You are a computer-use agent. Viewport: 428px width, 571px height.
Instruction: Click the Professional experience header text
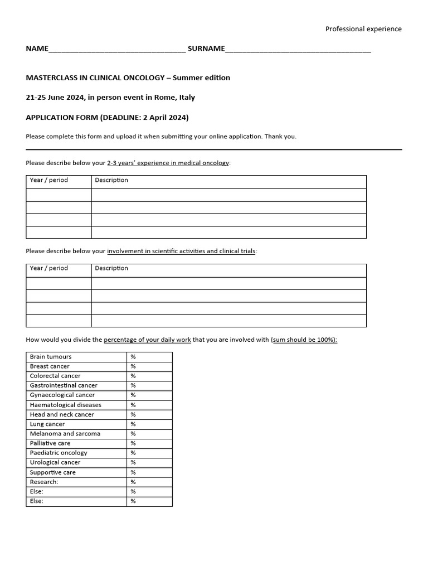coord(363,29)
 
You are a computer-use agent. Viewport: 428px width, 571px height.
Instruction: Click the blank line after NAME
coord(117,49)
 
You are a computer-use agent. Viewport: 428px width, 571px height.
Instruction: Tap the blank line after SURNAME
coord(298,49)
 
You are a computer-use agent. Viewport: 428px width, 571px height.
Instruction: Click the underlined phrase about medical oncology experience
coord(168,163)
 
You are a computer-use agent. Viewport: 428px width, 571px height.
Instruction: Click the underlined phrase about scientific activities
coord(181,251)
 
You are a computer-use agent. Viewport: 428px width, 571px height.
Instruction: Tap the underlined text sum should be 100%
coord(304,340)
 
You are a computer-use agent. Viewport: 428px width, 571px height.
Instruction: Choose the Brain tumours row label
coord(51,357)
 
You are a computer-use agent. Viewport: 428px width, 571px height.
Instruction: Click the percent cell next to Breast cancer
coord(149,366)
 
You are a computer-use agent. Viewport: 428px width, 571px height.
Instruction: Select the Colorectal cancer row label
coord(55,376)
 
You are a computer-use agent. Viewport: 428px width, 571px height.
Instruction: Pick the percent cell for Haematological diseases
coord(149,405)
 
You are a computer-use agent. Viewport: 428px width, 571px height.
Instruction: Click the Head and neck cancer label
coord(62,414)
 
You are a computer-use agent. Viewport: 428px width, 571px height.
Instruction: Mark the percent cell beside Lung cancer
coord(149,424)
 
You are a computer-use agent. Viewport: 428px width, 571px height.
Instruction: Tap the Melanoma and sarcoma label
coord(65,434)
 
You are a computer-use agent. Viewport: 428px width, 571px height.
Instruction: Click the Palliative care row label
coord(50,443)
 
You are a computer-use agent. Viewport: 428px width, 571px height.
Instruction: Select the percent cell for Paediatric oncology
coord(149,453)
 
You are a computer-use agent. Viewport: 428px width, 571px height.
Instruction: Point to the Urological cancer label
coord(55,462)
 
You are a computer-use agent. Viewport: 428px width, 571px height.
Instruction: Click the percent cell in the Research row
coord(149,482)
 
